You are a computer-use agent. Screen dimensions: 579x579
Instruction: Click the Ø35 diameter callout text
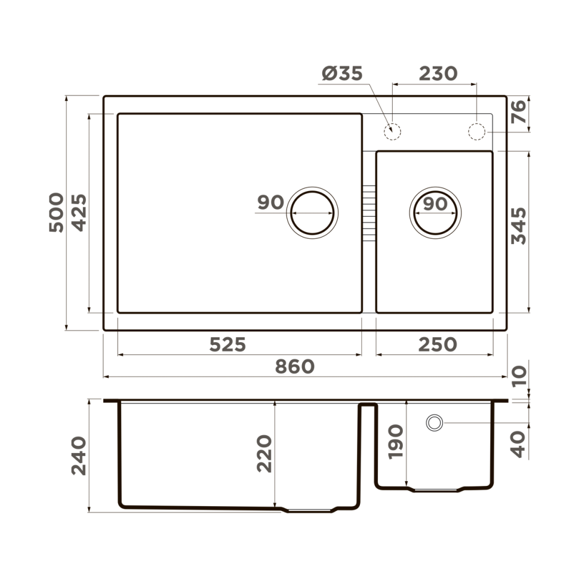[342, 73]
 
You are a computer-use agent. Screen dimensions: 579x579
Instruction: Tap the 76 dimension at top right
[519, 112]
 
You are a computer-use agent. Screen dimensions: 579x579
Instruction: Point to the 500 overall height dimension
[56, 212]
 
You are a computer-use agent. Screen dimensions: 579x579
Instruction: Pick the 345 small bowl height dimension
[519, 226]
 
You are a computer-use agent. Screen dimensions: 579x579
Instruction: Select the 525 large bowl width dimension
[227, 344]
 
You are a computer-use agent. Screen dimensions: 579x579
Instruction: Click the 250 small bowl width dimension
[437, 344]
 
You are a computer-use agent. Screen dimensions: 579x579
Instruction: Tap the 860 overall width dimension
[294, 367]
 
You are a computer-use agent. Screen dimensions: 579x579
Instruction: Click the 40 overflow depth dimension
[519, 444]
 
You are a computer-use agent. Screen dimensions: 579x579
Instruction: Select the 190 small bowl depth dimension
[396, 442]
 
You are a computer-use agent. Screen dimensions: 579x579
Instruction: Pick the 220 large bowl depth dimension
[264, 454]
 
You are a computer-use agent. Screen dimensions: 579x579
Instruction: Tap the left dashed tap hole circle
[392, 131]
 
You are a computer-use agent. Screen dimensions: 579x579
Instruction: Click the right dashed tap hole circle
[477, 131]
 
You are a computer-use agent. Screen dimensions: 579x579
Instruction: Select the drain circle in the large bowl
[313, 212]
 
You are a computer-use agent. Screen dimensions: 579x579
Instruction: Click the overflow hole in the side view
[434, 423]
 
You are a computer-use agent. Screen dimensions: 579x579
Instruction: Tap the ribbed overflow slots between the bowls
[369, 212]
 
